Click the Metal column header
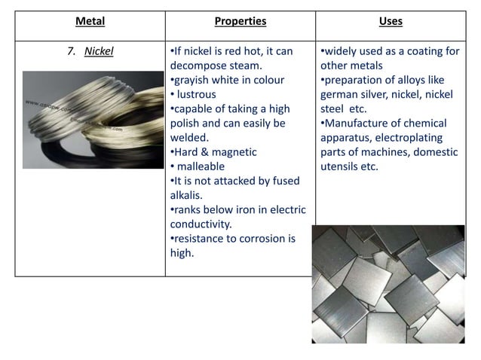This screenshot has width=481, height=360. pos(90,22)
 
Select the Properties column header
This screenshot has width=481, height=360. pos(240,22)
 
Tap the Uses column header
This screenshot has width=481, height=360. pos(391,22)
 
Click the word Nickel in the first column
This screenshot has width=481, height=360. pos(99,52)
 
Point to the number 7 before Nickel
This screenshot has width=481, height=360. pos(71,52)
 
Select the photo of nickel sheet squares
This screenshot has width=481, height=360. pos(388,285)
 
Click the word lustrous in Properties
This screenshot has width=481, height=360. pos(197,95)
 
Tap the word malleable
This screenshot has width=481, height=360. pos(201,166)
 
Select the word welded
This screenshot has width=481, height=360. pos(189,138)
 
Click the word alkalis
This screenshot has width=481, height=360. pos(188,195)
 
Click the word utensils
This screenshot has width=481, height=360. pos(342,166)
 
